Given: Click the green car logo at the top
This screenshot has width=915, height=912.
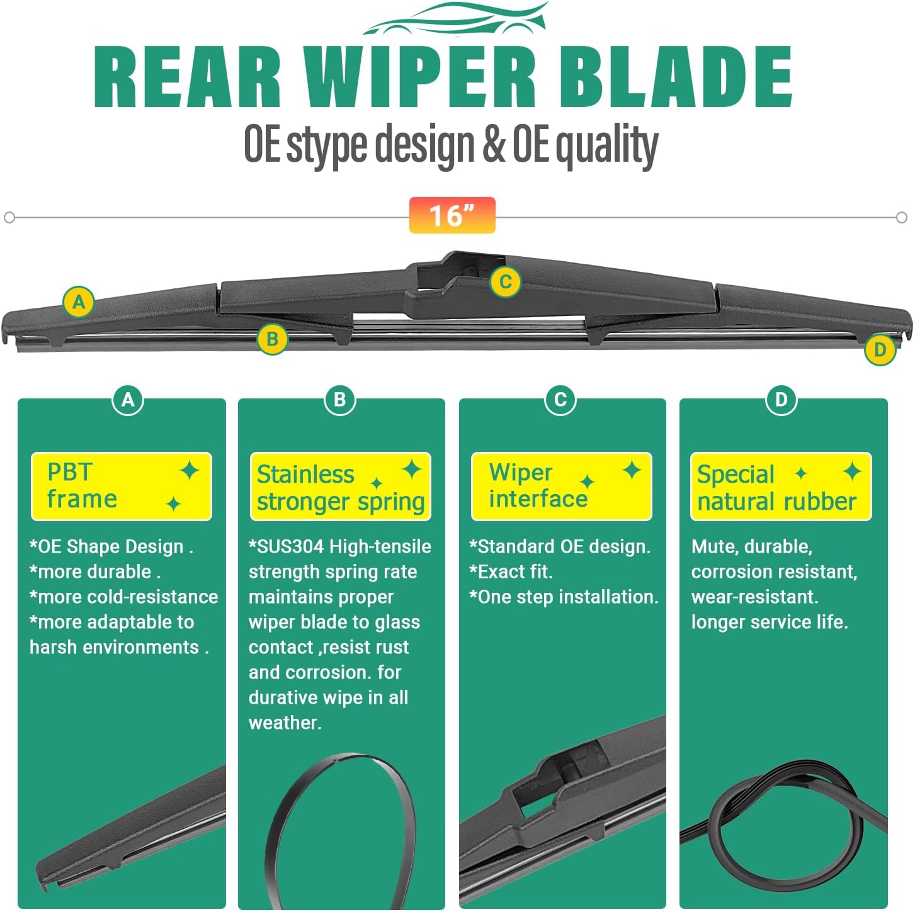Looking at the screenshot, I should click(455, 19).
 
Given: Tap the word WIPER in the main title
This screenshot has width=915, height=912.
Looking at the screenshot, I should click(419, 77).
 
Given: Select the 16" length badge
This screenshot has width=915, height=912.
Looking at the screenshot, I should click(452, 215).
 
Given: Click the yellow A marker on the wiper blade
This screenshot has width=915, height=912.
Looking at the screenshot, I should click(79, 302).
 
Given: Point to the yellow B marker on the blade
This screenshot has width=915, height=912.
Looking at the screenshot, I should click(272, 339).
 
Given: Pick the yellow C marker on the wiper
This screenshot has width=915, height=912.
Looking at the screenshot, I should click(505, 281).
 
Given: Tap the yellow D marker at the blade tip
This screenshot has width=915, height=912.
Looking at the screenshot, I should click(880, 350).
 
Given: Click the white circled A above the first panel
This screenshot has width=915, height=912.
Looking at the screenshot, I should click(128, 400).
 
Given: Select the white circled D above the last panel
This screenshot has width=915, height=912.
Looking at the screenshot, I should click(781, 400).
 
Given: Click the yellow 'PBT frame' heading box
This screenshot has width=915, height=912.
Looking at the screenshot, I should click(122, 486).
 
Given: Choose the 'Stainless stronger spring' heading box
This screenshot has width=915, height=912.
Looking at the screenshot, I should click(341, 487).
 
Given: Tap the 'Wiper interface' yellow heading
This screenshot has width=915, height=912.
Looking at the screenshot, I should click(561, 486).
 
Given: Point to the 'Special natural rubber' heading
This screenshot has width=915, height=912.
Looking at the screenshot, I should click(781, 487).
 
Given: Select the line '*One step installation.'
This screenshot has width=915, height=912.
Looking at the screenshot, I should click(564, 597).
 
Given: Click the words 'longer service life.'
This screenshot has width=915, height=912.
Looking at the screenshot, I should click(769, 622).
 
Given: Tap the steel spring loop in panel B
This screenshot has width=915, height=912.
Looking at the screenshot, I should click(341, 831).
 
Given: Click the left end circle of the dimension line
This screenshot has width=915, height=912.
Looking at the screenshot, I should click(9, 218).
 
